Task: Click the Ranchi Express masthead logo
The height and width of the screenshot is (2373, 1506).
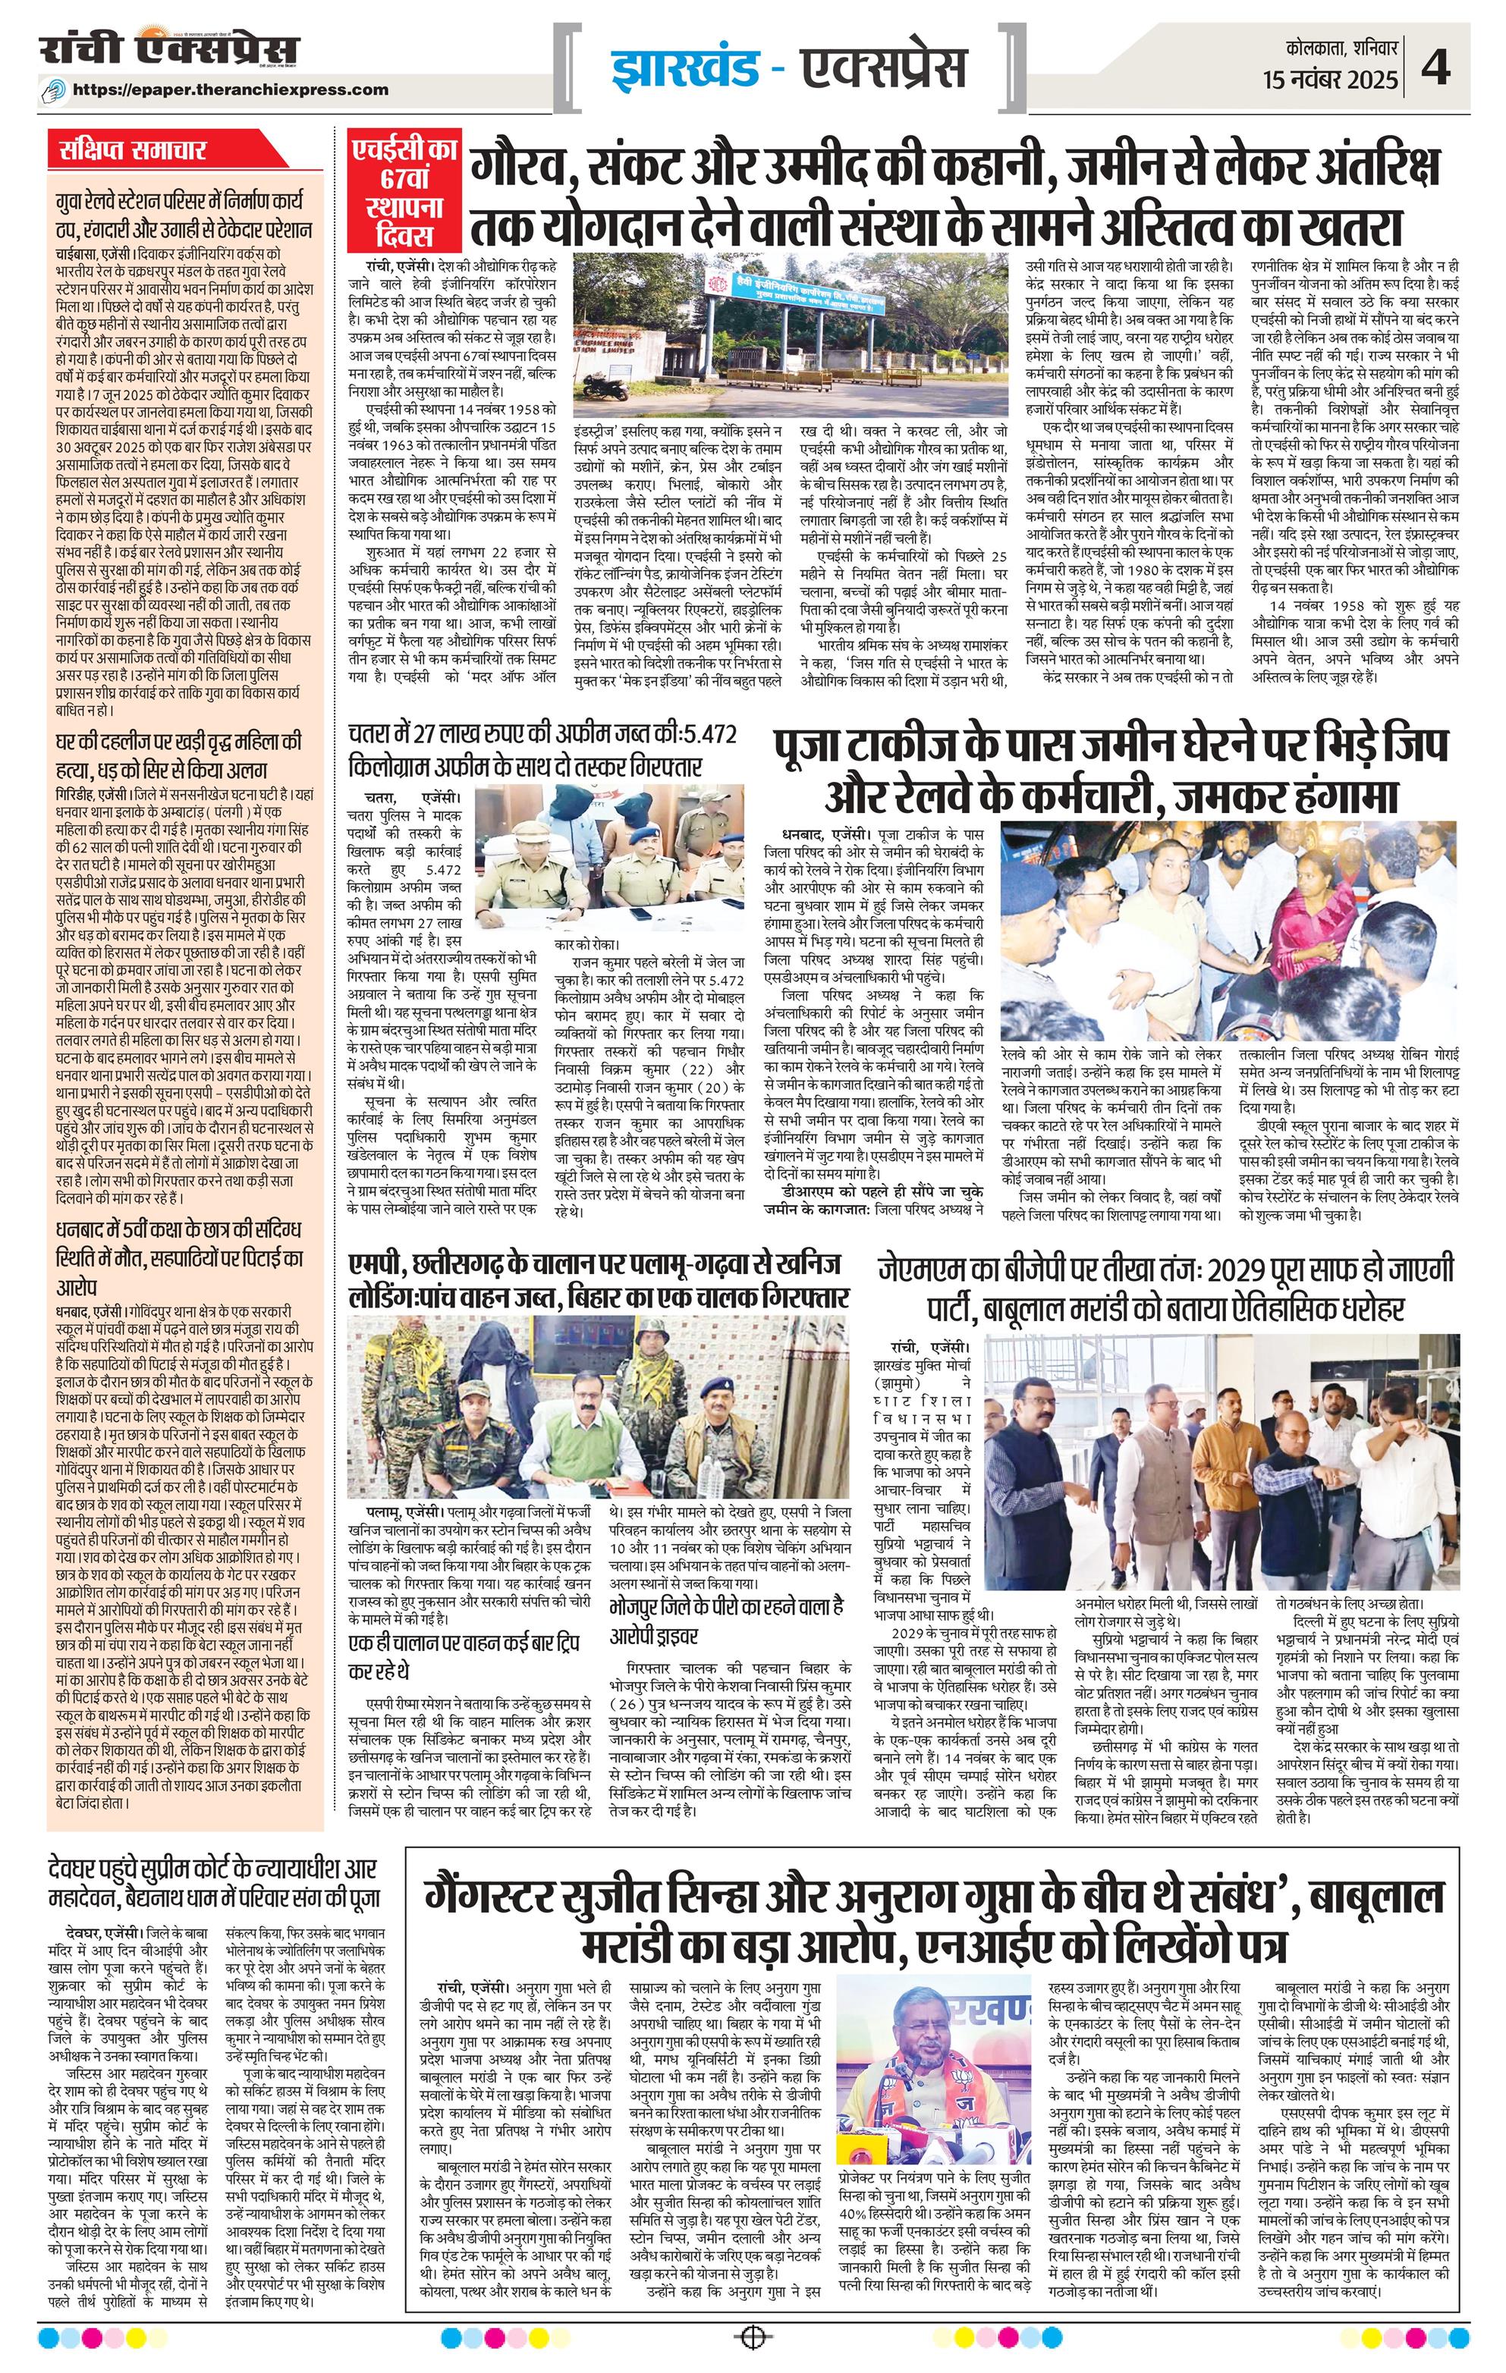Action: pyautogui.click(x=168, y=52)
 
